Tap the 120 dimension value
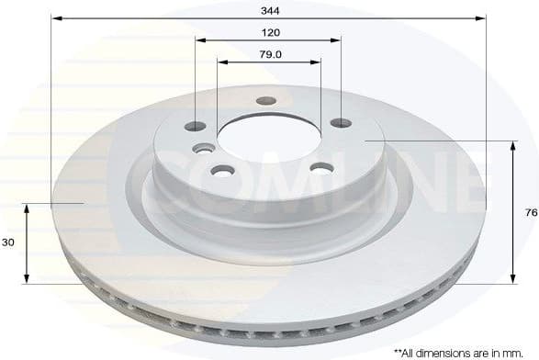(x=269, y=32)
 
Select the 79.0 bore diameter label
(x=269, y=54)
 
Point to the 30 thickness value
(x=7, y=242)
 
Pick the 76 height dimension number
(x=530, y=212)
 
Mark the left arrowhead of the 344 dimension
(x=55, y=17)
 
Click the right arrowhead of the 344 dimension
(x=482, y=17)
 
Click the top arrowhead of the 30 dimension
(x=27, y=208)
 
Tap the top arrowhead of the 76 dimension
(x=511, y=146)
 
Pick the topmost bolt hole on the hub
(x=266, y=101)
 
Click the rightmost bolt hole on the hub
(x=340, y=123)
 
